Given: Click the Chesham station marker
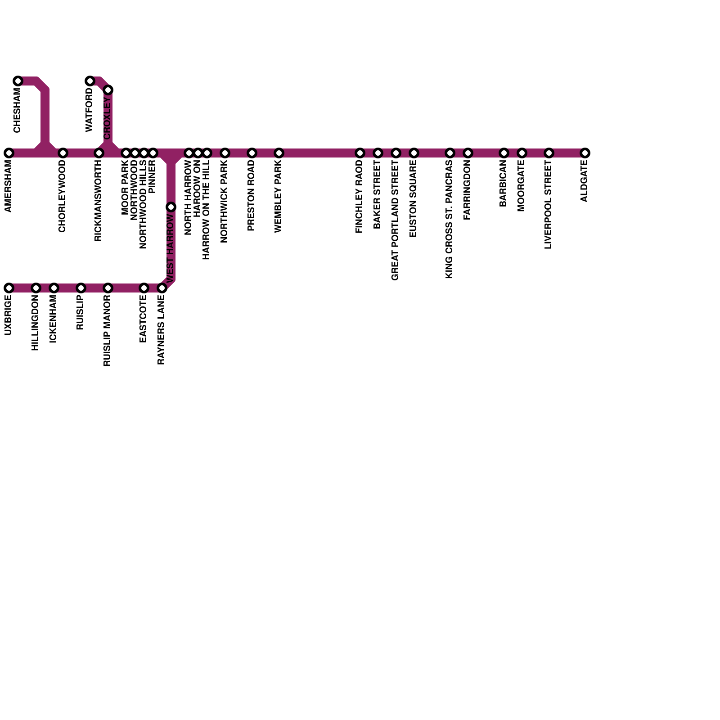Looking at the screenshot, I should coord(18,81).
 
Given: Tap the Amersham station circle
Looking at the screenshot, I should coord(9,153).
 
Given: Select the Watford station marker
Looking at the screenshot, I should coord(90,81).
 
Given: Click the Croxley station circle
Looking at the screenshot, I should coord(108,90).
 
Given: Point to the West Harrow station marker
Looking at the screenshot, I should coord(171,207).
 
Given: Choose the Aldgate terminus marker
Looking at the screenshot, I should coord(585,153).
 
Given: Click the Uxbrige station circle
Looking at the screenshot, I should coord(9,288).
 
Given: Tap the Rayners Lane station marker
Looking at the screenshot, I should coord(162,288).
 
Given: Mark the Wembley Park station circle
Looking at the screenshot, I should coord(279,153).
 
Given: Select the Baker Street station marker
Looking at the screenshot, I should coord(378,153).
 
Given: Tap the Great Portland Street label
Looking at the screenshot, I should coord(395,220).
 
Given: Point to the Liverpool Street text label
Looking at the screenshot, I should coord(548,205).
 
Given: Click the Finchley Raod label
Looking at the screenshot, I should coord(359,197).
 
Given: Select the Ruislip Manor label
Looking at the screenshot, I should coord(107,331).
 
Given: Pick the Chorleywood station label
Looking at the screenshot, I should coord(62,196).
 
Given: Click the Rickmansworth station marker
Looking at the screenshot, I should coord(99,153).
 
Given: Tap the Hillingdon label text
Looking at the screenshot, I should coord(35,323).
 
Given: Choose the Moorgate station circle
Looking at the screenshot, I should coord(522,153).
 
